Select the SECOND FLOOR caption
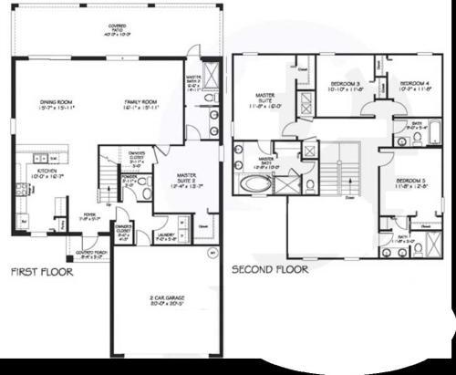click(x=269, y=270)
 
